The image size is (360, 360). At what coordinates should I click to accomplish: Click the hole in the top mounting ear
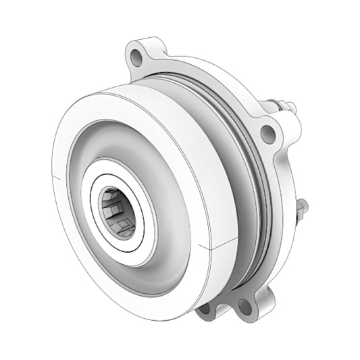pos(138,53)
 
